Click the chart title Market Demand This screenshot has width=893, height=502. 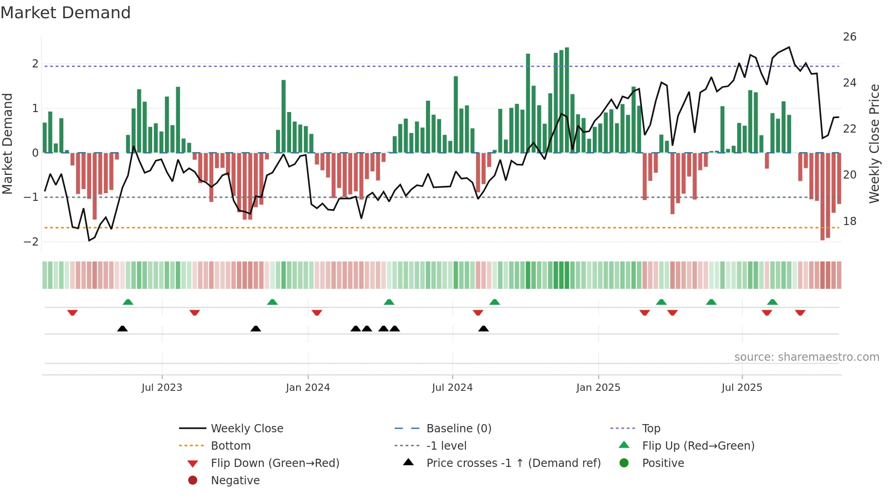[x=66, y=13]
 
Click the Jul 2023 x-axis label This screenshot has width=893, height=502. [x=162, y=388]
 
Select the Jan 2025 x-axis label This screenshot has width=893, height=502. [x=598, y=388]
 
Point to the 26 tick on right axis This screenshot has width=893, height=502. [x=849, y=37]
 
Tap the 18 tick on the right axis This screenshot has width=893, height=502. [x=849, y=221]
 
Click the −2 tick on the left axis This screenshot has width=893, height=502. [x=31, y=242]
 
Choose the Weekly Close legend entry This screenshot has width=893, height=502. [x=246, y=429]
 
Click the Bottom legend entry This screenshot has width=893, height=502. [x=231, y=446]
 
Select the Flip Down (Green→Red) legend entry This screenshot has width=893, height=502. [x=275, y=463]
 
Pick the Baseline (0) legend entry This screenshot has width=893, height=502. [x=458, y=429]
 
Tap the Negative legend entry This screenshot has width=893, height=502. [x=235, y=481]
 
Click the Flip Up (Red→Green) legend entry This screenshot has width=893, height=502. [x=698, y=446]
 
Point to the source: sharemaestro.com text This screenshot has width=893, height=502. [x=806, y=357]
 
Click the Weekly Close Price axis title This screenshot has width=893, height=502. [x=874, y=143]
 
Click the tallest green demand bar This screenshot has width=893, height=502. [x=567, y=100]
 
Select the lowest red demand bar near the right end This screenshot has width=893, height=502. [x=822, y=196]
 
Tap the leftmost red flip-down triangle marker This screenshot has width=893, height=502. [x=72, y=312]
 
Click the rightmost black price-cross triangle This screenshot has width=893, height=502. [x=483, y=328]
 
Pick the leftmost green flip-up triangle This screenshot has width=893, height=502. [x=128, y=302]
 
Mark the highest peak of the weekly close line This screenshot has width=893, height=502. [x=789, y=47]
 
